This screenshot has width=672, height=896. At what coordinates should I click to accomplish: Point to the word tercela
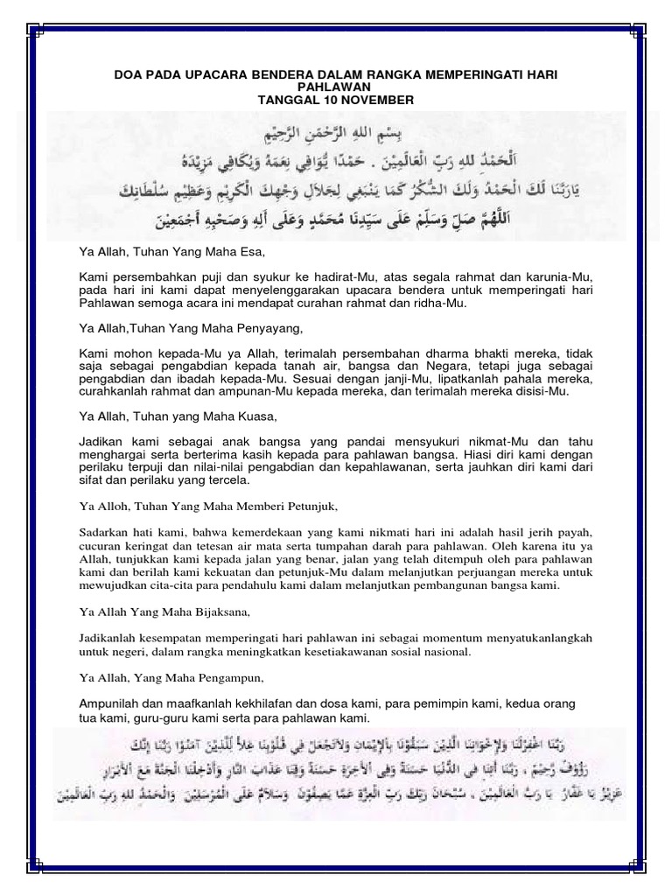[230, 480]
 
